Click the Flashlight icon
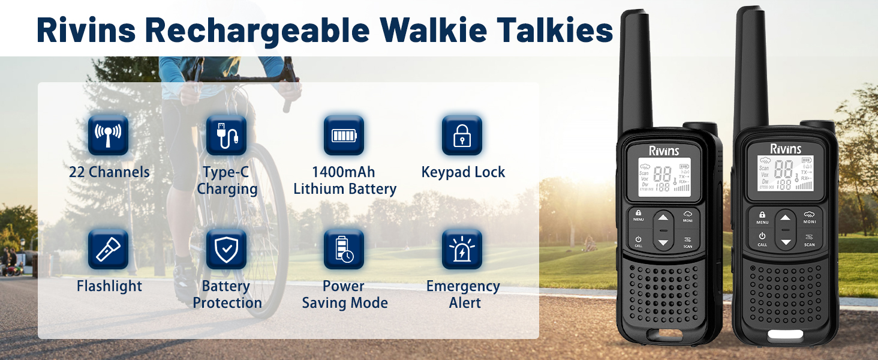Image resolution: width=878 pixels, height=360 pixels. point(108,249)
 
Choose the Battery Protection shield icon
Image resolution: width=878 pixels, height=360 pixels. point(226,249)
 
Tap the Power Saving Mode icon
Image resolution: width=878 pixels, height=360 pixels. point(344,249)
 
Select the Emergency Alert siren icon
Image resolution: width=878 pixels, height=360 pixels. point(462,249)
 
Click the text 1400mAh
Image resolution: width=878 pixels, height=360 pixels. point(343,172)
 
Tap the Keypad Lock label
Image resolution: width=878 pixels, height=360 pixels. point(463,172)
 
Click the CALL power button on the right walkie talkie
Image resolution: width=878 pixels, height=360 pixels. point(762,239)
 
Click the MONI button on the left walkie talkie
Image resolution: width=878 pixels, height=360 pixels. point(687,217)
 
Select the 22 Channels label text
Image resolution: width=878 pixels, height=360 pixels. point(109,172)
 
